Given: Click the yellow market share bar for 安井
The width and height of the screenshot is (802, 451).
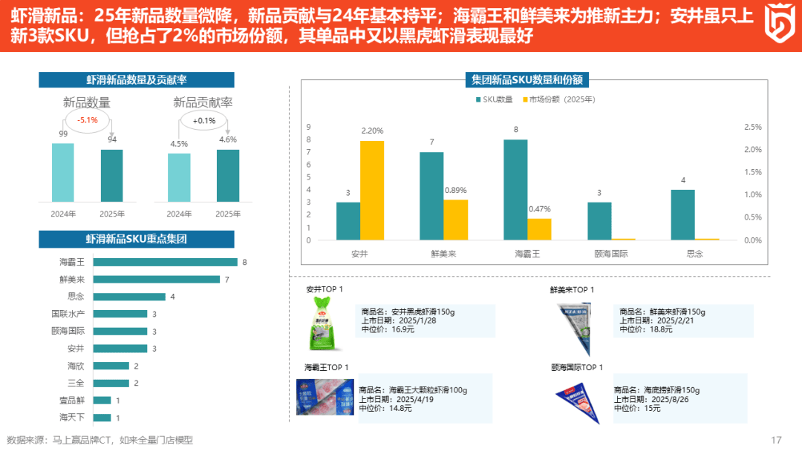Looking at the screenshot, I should (372, 190).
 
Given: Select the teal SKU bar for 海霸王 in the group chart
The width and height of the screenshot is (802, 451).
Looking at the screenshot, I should (515, 190).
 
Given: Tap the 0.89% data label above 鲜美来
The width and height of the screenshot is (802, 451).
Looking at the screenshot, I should (456, 191).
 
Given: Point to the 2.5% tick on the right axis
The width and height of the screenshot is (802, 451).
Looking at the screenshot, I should (752, 127).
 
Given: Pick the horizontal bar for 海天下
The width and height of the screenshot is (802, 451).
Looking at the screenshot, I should (102, 418).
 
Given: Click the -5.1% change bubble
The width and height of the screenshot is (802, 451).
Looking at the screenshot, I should (88, 120).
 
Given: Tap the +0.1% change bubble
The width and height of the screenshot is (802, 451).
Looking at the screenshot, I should (203, 120).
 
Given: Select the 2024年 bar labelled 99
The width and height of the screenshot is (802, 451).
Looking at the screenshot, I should (63, 172).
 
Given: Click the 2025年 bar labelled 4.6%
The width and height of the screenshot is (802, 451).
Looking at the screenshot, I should (228, 175).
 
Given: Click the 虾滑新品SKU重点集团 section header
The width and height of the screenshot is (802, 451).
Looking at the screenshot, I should (136, 239).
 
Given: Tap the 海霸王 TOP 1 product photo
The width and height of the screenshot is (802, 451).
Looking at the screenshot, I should (325, 397).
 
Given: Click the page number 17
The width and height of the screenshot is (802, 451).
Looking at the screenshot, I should (777, 440).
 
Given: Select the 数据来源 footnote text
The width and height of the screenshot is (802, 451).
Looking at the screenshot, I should (100, 440).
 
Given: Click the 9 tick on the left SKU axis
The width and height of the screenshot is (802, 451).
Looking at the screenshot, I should (309, 127).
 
